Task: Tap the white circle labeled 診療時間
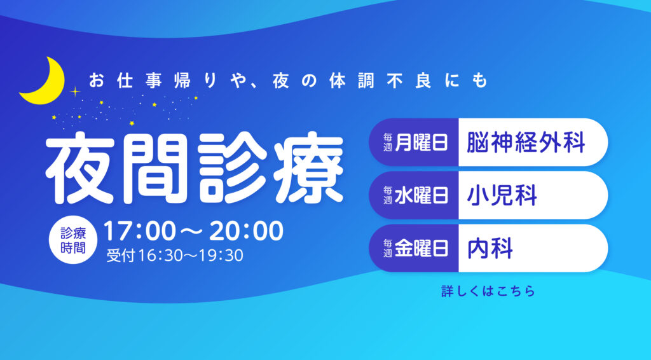pyautogui.click(x=73, y=240)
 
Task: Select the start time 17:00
pyautogui.click(x=140, y=232)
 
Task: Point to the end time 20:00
pyautogui.click(x=246, y=232)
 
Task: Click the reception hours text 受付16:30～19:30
pyautogui.click(x=175, y=255)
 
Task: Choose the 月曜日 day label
pyautogui.click(x=421, y=142)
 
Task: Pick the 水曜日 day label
pyautogui.click(x=421, y=195)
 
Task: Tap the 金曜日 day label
pyautogui.click(x=421, y=248)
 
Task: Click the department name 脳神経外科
pyautogui.click(x=526, y=142)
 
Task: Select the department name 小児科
pyautogui.click(x=502, y=195)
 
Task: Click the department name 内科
pyautogui.click(x=490, y=248)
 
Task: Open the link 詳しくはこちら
pyautogui.click(x=488, y=291)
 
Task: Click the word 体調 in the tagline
pyautogui.click(x=345, y=81)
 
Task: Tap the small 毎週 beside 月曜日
pyautogui.click(x=388, y=142)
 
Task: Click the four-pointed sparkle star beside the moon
pyautogui.click(x=75, y=92)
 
